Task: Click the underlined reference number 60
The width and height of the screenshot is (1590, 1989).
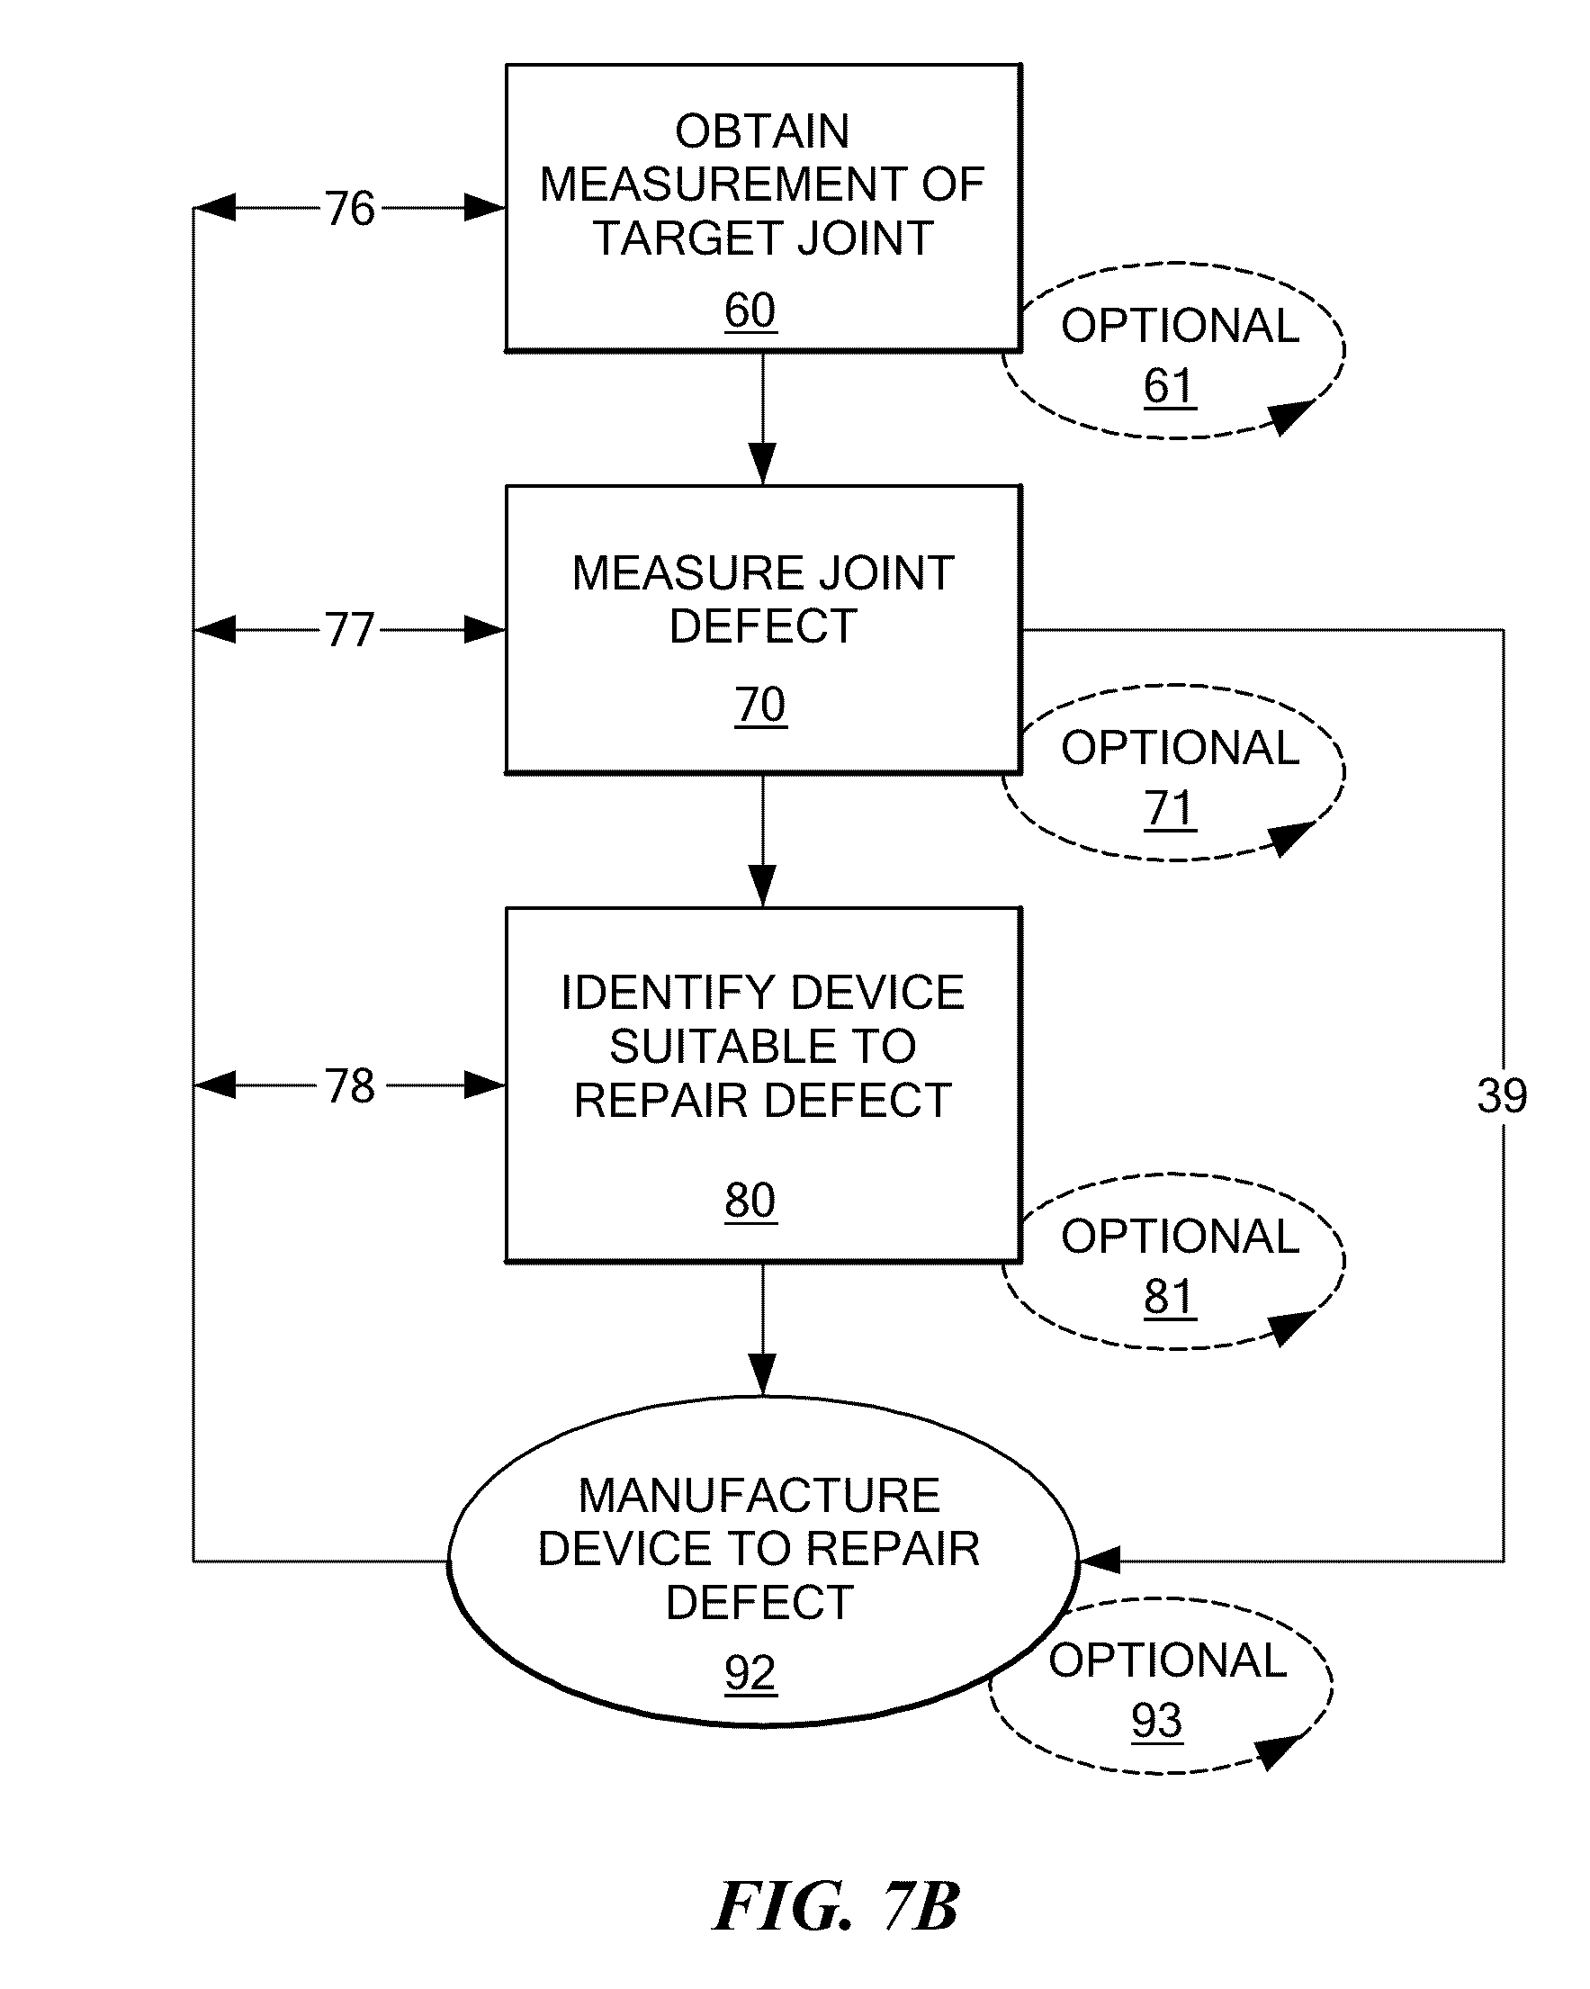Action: tap(750, 310)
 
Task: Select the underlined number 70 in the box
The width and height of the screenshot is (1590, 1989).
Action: tap(761, 705)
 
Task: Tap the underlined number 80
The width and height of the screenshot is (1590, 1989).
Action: tap(750, 1201)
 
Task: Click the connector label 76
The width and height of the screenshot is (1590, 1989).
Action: tap(349, 209)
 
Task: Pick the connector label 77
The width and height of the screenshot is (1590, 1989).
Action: tap(349, 631)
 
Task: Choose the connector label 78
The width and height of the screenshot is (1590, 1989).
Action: tap(349, 1085)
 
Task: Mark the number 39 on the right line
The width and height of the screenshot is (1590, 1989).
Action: tap(1502, 1096)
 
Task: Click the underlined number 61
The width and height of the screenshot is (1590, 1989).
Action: tap(1170, 385)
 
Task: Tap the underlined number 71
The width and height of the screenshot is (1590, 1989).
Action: tap(1170, 809)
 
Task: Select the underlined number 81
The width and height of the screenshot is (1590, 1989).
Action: tap(1170, 1297)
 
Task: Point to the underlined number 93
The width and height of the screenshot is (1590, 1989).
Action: tap(1156, 1721)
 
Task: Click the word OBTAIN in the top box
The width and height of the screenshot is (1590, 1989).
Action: tap(762, 131)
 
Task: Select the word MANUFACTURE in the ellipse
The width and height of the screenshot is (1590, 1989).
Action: tap(759, 1496)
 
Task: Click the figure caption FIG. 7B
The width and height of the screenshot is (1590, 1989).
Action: tap(836, 1906)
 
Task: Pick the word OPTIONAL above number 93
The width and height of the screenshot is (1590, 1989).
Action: tap(1168, 1660)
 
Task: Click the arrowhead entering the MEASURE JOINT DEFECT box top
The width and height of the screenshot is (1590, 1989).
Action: tap(762, 464)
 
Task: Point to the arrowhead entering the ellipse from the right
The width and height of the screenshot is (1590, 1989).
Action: tap(1100, 1561)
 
